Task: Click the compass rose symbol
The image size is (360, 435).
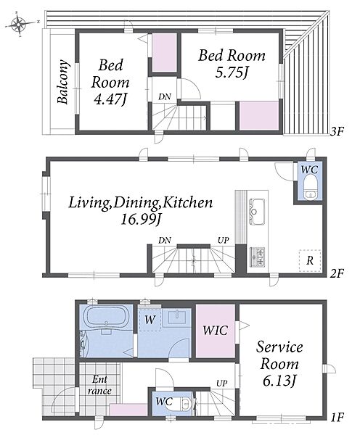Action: pos(18,24)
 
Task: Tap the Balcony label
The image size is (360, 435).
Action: pos(63,81)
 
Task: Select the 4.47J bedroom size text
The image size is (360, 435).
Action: pos(110,99)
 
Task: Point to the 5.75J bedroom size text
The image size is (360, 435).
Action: pos(231,72)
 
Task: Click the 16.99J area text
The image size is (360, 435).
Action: pos(141,220)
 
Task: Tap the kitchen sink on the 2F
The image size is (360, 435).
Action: pos(257,212)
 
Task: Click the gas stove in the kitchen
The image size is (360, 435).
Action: pos(257,257)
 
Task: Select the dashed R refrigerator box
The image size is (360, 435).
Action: pos(310,261)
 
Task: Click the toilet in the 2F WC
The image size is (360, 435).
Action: pos(309,189)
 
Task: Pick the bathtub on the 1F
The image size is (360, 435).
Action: pos(106,317)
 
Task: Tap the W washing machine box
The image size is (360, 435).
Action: pos(150,320)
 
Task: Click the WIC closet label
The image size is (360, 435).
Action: pos(215,331)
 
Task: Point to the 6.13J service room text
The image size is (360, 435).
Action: pos(279,381)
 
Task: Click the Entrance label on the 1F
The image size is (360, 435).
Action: pos(99,385)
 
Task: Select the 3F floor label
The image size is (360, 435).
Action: pos(337,131)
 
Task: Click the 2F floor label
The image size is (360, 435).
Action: pos(337,273)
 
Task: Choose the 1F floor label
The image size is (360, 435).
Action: pos(337,417)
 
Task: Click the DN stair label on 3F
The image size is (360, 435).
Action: pos(165,97)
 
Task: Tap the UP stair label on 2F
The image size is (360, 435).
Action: pos(224,240)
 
